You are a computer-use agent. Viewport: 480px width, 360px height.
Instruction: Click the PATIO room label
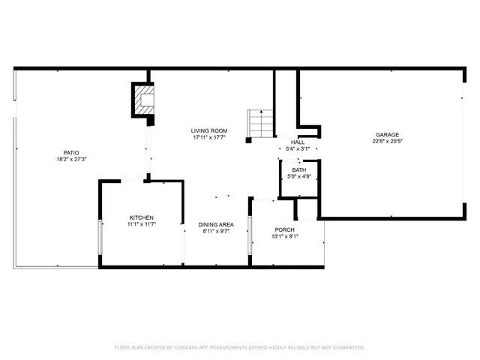pos(71,152)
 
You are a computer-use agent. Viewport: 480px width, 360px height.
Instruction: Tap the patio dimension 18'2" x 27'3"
pos(71,159)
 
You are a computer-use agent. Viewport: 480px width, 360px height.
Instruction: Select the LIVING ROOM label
pos(210,130)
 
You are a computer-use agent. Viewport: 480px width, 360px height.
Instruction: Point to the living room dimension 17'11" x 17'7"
pos(210,137)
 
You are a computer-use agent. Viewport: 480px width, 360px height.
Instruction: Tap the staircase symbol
pos(258,123)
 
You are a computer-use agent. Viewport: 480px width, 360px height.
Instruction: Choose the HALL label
pos(298,142)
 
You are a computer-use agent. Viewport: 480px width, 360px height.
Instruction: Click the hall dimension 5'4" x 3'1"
pos(298,148)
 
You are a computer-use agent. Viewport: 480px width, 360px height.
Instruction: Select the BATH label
pos(298,170)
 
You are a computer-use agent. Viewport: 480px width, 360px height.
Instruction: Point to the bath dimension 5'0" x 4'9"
pos(298,177)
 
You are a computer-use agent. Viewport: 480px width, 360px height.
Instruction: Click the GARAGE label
pos(387,135)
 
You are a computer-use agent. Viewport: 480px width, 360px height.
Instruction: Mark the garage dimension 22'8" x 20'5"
pos(387,142)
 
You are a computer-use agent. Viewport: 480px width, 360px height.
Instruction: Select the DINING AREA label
pos(216,224)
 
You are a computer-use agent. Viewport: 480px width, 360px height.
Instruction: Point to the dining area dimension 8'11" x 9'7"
pos(216,231)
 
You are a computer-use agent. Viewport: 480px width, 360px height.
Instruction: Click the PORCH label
pos(285,229)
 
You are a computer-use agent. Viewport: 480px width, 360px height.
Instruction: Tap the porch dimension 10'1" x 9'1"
pos(285,236)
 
